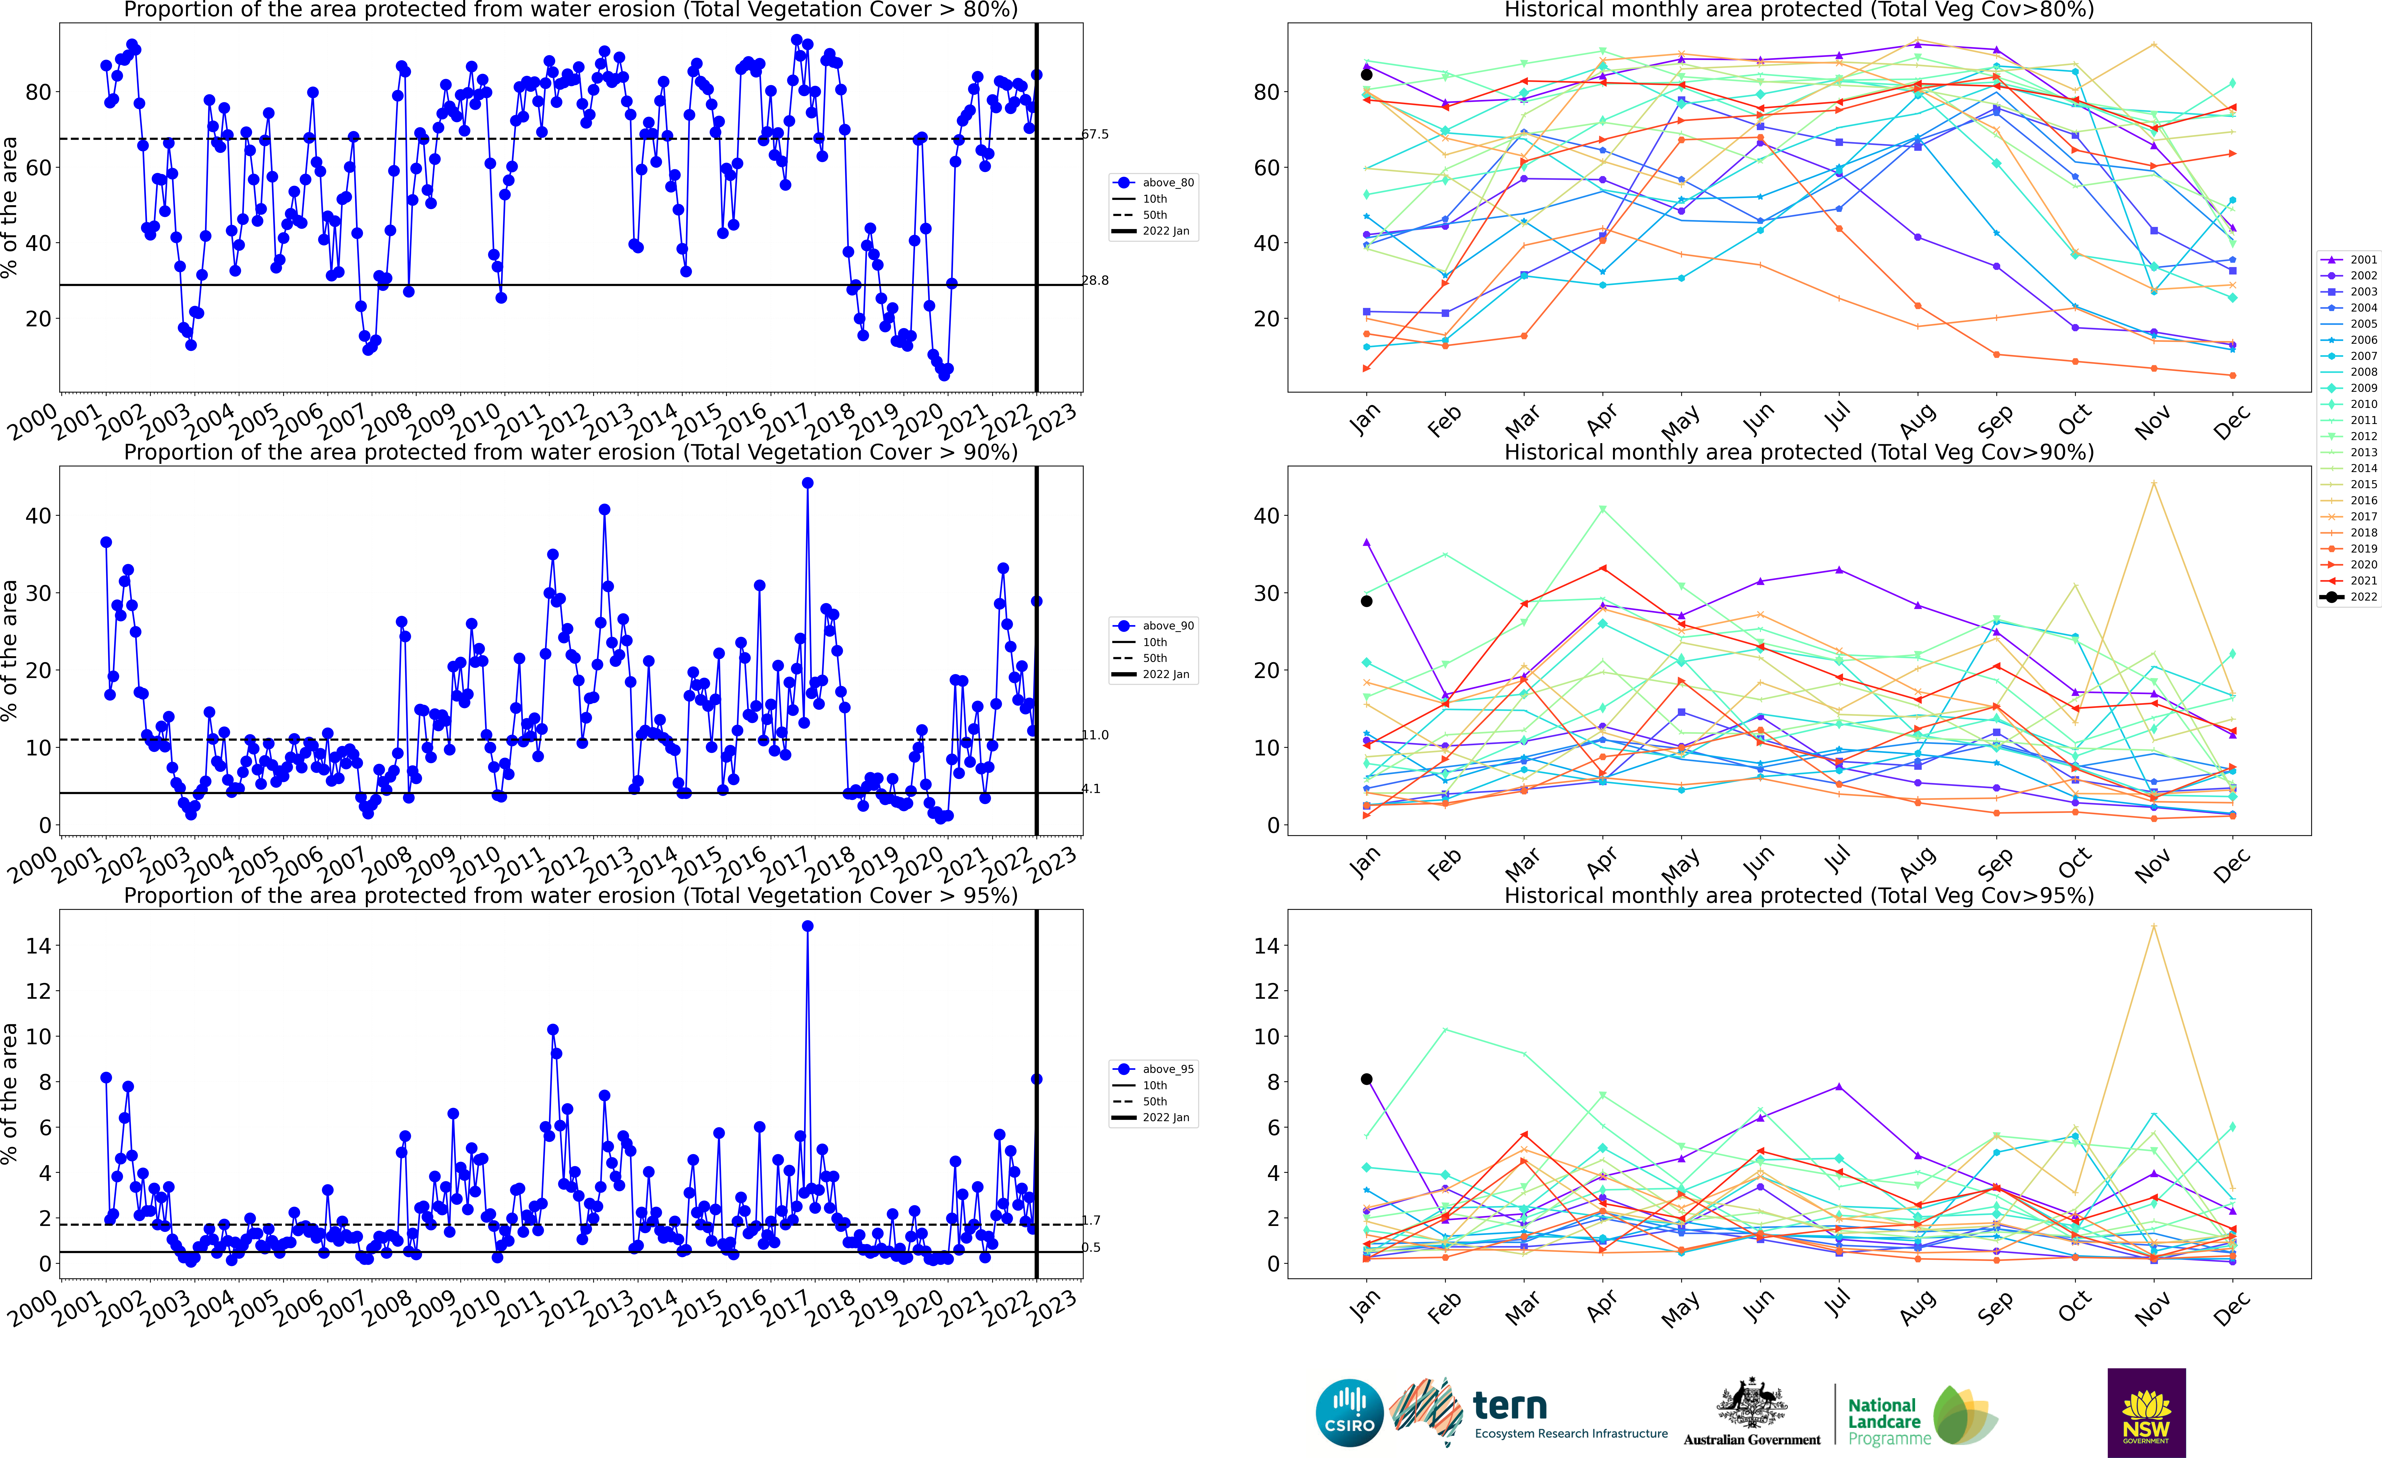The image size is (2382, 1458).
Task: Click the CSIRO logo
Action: pyautogui.click(x=1349, y=1413)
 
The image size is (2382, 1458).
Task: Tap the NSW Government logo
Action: pyautogui.click(x=2146, y=1413)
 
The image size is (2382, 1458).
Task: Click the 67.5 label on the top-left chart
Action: pyautogui.click(x=1095, y=134)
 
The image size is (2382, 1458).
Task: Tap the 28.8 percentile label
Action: pyautogui.click(x=1095, y=280)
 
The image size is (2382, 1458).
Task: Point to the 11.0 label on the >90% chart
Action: pyautogui.click(x=1095, y=735)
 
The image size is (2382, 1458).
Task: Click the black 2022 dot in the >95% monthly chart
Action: pyautogui.click(x=1366, y=1079)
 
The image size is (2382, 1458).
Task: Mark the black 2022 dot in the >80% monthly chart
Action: pyautogui.click(x=1366, y=74)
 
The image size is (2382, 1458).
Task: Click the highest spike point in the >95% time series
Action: pyautogui.click(x=807, y=926)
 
